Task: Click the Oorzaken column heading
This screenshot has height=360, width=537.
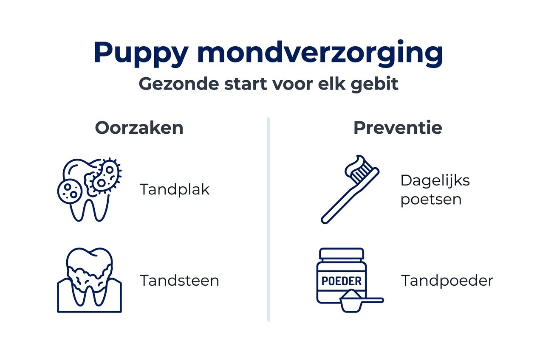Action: pos(139,128)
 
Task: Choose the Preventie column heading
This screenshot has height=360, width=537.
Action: pos(398,128)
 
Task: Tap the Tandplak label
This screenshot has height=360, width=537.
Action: pos(175,189)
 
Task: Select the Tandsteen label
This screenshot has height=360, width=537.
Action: pos(179,281)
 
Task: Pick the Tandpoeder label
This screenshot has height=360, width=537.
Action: pos(447,281)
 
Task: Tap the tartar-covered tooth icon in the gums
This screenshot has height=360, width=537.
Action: pos(89,280)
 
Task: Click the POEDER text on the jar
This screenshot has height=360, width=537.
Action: pos(342,281)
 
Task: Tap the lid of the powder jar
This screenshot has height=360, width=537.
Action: pos(342,254)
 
